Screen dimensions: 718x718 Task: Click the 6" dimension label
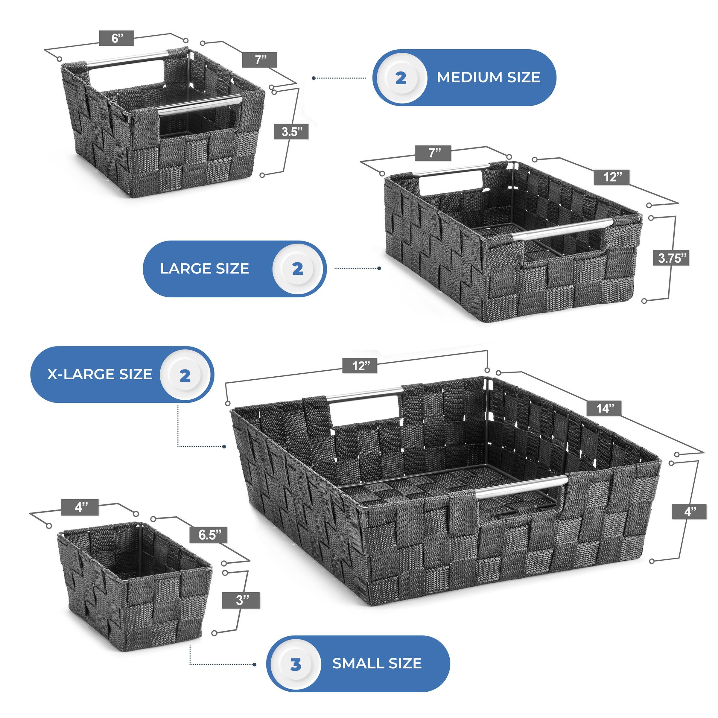pos(116,38)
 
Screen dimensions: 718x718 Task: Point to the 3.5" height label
pos(291,132)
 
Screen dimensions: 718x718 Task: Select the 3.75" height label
pos(671,258)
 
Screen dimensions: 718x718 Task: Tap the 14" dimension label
pos(605,408)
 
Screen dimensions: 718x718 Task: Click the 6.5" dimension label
pos(210,535)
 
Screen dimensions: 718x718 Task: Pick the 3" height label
pos(241,600)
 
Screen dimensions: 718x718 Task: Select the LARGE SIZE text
pos(204,269)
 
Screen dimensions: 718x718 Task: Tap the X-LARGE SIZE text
pos(100,374)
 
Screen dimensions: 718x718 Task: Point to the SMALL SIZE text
pos(377,663)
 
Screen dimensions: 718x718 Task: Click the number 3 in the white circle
pos(296,664)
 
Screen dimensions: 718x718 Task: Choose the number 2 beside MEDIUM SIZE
pos(401,78)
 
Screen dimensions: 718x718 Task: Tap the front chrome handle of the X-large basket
pos(521,486)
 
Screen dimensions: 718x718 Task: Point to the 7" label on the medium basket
pos(260,60)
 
